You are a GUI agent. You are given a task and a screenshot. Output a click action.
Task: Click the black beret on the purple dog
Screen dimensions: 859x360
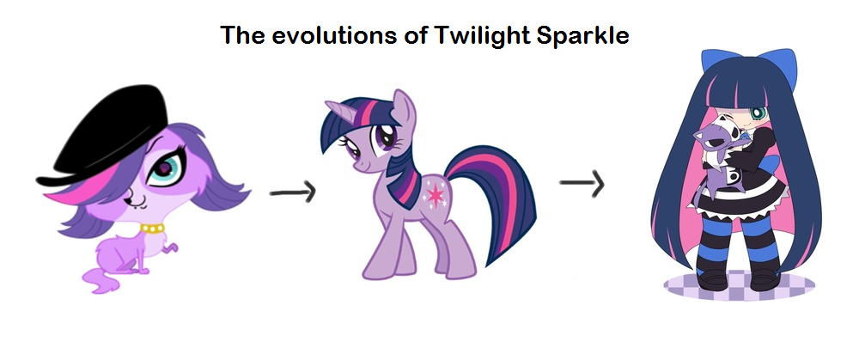(104, 133)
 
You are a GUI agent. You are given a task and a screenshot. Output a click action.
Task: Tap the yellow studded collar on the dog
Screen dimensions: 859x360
(153, 228)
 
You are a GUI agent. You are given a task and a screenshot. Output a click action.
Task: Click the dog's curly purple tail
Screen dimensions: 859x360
(103, 278)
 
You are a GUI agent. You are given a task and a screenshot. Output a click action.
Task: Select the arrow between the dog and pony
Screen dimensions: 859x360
(293, 192)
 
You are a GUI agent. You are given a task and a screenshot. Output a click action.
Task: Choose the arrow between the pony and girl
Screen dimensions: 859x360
(582, 184)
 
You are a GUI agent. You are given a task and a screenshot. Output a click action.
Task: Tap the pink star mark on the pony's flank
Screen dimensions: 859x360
(436, 194)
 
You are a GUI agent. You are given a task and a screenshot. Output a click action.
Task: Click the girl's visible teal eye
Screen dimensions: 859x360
(758, 114)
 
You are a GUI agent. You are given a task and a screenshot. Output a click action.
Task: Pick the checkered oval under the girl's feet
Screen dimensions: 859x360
(739, 287)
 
